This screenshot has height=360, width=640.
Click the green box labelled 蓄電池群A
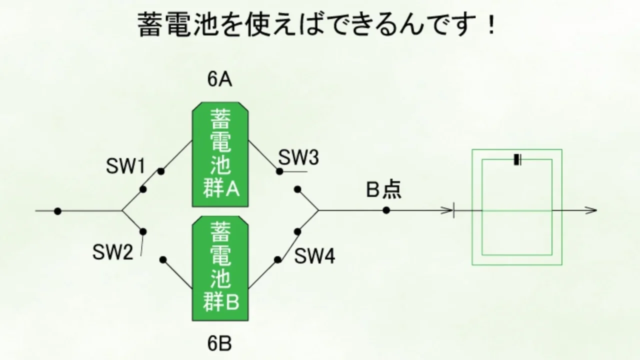[x=220, y=154]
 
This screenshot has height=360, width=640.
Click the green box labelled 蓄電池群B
[x=220, y=268]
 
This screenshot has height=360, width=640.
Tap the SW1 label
[x=125, y=166]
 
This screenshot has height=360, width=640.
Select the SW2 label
[x=113, y=252]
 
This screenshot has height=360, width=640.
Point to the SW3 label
[x=298, y=157]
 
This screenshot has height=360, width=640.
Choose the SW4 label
[x=314, y=255]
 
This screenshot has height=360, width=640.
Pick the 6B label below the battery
[x=219, y=343]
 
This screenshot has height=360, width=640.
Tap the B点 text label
[x=383, y=189]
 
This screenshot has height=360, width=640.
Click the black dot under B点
[x=386, y=210]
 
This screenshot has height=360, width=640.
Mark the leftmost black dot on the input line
[x=57, y=211]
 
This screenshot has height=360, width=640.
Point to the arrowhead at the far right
[x=591, y=210]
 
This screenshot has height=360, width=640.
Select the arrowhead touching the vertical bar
[x=447, y=211]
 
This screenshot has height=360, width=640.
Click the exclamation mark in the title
[x=491, y=25]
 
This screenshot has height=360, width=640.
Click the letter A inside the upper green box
[x=232, y=189]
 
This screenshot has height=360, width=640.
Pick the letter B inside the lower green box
[x=232, y=303]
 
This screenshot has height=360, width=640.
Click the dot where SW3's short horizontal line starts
[x=279, y=171]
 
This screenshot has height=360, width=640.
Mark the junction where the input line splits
[x=122, y=211]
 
